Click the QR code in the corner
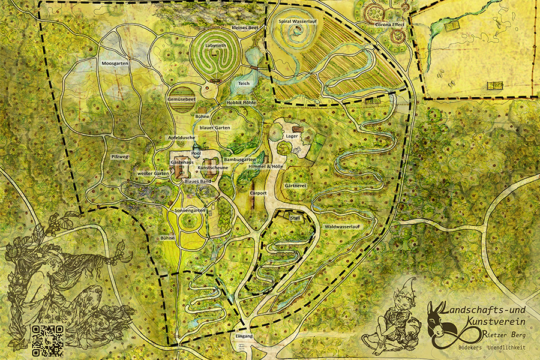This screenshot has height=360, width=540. [48, 338]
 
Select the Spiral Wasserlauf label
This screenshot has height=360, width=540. [298, 22]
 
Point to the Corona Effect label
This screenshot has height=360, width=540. [389, 25]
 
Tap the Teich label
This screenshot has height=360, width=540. [244, 83]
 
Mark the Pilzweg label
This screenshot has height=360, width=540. [120, 157]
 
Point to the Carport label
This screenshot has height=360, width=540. [258, 193]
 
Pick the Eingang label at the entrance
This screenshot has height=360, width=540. [244, 337]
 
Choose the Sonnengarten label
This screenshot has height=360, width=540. [190, 211]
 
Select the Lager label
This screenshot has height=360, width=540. [292, 136]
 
